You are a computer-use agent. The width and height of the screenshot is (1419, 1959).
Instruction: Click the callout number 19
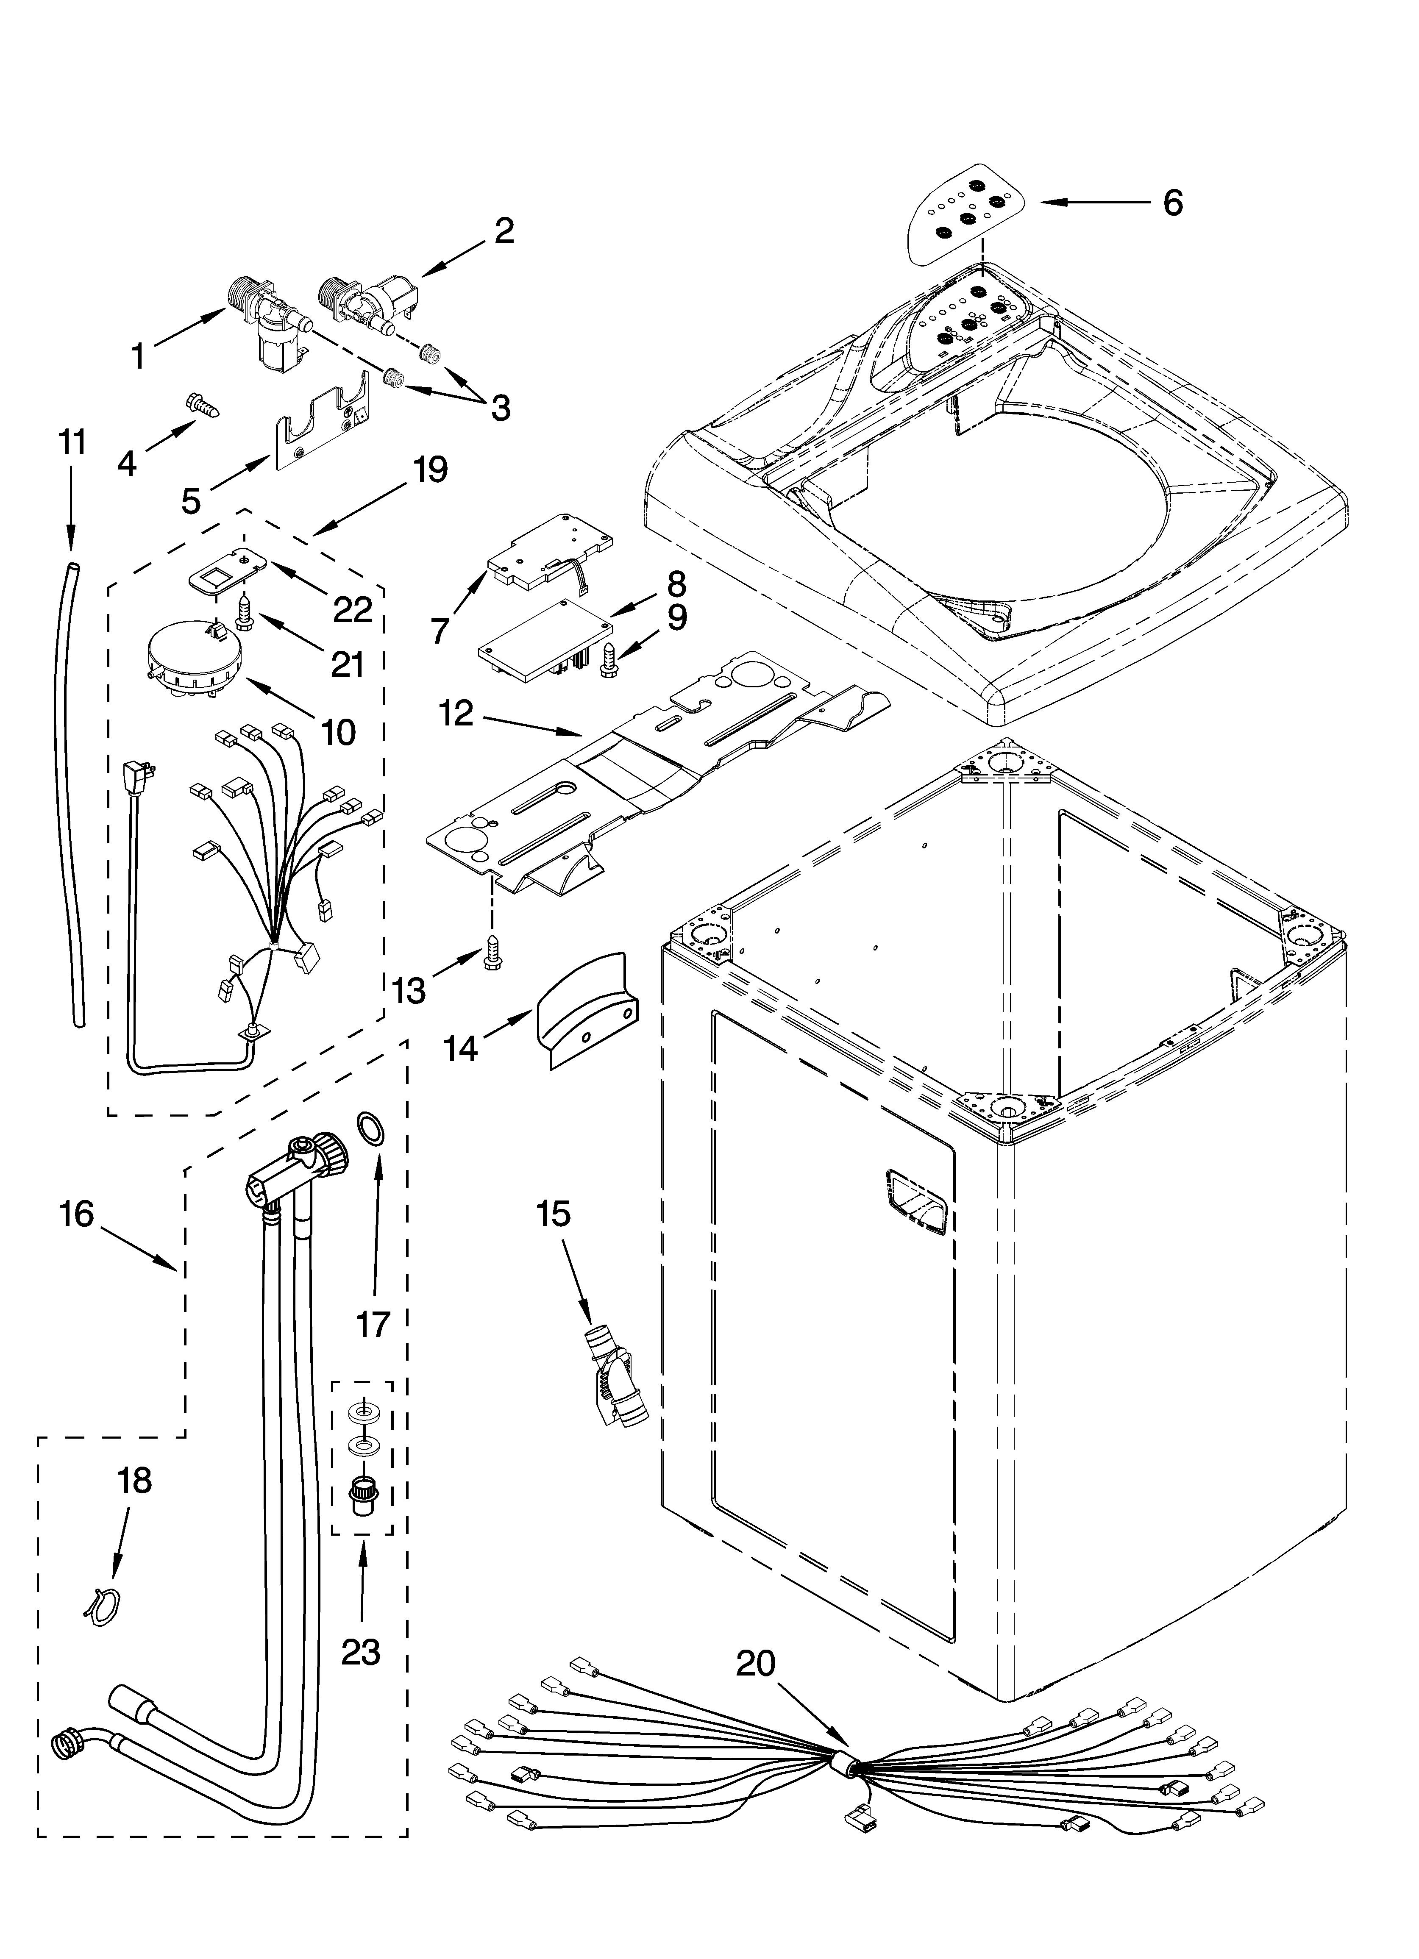point(429,471)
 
